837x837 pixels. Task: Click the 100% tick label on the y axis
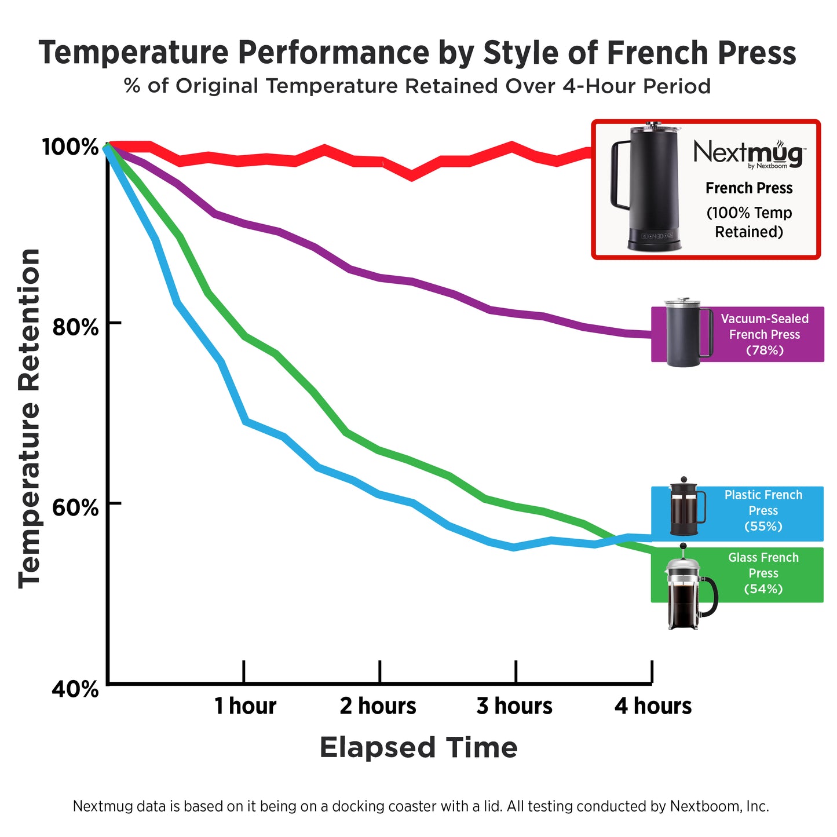tap(70, 147)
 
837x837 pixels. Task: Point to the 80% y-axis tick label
tap(75, 327)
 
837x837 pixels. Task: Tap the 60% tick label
tap(75, 508)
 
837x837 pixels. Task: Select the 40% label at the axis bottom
tap(75, 689)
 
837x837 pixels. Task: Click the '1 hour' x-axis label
tap(245, 706)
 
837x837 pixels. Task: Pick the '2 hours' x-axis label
tap(378, 706)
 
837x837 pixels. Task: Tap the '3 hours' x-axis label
tap(514, 706)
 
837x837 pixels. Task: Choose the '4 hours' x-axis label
tap(653, 706)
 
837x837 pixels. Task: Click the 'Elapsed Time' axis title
tap(418, 747)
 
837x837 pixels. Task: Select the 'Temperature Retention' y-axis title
tap(30, 418)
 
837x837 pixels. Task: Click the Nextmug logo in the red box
tap(748, 153)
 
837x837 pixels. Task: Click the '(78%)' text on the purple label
tap(764, 350)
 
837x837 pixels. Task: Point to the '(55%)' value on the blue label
tap(763, 527)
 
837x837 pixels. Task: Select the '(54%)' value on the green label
tap(763, 589)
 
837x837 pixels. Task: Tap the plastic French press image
tap(686, 508)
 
